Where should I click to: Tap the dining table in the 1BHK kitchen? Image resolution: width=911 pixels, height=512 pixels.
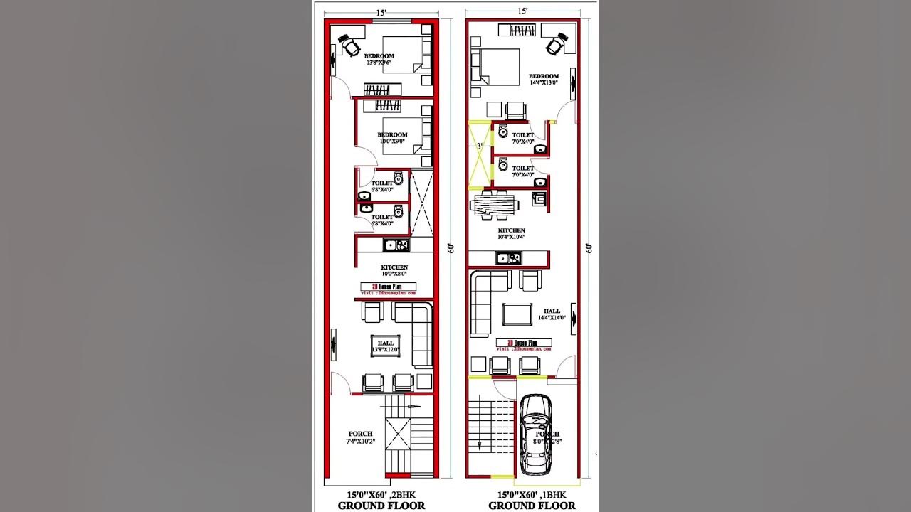[x=494, y=205]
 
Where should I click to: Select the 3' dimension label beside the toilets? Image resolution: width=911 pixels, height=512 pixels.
[x=479, y=146]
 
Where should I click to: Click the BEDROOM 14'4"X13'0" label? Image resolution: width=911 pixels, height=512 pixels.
[x=544, y=79]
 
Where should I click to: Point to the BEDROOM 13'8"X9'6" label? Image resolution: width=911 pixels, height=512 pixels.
[x=379, y=59]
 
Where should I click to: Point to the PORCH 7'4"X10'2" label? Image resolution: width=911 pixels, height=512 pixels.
[x=360, y=437]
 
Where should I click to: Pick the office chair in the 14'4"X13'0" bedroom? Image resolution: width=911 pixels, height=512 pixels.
[x=557, y=43]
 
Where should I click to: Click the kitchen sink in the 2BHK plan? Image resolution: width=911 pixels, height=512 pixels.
[x=390, y=245]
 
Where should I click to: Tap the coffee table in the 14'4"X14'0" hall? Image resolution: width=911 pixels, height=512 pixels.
[x=517, y=314]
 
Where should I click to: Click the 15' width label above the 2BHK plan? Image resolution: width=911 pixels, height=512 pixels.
[x=381, y=11]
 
